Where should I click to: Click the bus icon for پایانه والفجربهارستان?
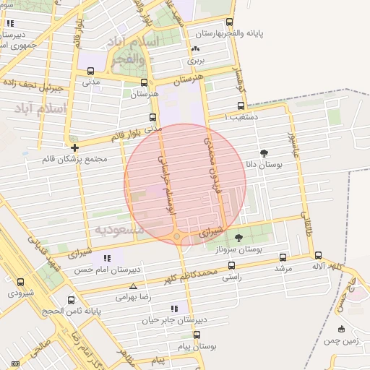[x=230, y=22]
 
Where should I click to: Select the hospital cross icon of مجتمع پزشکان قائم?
[x=74, y=147]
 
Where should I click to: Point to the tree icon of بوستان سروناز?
[x=239, y=237]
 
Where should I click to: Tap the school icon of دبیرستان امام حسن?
[x=107, y=258]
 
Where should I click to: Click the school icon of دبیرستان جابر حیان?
[x=173, y=309]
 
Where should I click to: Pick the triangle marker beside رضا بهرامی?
[x=133, y=286]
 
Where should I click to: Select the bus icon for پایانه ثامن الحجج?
[x=71, y=300]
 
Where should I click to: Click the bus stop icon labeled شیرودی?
[x=20, y=283]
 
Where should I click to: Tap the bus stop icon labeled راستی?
[x=232, y=265]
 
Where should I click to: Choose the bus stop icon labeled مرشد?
[x=283, y=257]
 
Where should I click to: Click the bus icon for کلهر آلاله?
[x=318, y=255]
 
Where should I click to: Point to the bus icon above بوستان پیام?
[x=197, y=335]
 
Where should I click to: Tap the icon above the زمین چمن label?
[x=340, y=330]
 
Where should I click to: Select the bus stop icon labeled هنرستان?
[x=144, y=82]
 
